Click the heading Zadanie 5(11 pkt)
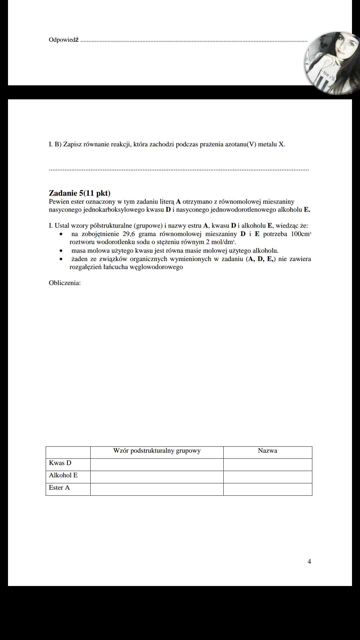pyautogui.click(x=79, y=193)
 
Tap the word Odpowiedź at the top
pyautogui.click(x=64, y=40)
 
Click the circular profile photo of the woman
pyautogui.click(x=332, y=63)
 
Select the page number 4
pyautogui.click(x=309, y=561)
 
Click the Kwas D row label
pyautogui.click(x=60, y=463)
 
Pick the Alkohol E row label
pyautogui.click(x=63, y=475)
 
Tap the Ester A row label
pyautogui.click(x=59, y=488)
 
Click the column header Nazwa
pyautogui.click(x=267, y=451)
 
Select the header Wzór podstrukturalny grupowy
pyautogui.click(x=157, y=451)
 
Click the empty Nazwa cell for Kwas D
pyautogui.click(x=267, y=465)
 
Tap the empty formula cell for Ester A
pyautogui.click(x=157, y=489)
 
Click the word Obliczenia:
pyautogui.click(x=65, y=283)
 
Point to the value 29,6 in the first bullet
pyautogui.click(x=129, y=234)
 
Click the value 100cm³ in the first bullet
pyautogui.click(x=301, y=234)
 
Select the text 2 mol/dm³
pyautogui.click(x=221, y=242)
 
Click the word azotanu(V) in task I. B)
pyautogui.click(x=240, y=144)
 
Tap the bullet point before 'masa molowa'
pyautogui.click(x=61, y=251)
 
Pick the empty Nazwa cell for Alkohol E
pyautogui.click(x=267, y=477)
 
